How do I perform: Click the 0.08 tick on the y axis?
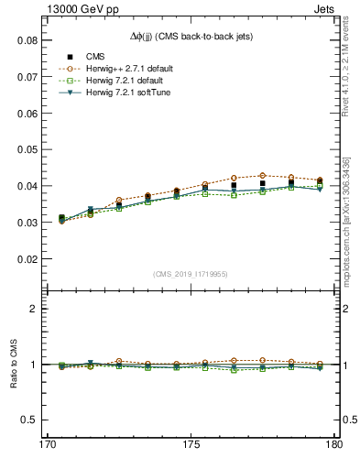point(26,41)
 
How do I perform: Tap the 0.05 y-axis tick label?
point(26,150)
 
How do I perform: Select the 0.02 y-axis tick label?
point(26,259)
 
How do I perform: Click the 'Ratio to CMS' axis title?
point(14,365)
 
